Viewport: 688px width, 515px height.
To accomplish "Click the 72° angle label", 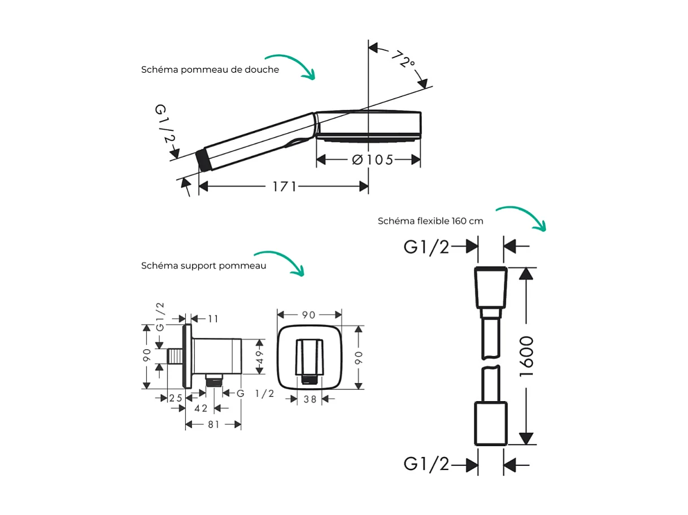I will point(402,59).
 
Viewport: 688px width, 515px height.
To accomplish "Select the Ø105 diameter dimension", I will point(372,160).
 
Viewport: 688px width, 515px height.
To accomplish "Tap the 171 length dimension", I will point(285,186).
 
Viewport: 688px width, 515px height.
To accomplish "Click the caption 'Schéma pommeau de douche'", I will point(210,70).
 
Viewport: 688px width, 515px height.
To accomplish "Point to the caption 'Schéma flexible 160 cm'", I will point(430,221).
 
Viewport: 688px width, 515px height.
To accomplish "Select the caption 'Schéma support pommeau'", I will point(203,266).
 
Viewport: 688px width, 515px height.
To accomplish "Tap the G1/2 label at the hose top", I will point(426,247).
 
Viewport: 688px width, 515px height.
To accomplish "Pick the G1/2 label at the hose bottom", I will point(426,464).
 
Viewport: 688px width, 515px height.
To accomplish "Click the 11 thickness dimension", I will point(212,319).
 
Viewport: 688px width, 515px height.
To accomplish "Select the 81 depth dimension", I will point(213,425).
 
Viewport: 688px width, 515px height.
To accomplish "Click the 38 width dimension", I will point(309,399).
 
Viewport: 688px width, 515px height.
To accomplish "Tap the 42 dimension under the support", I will point(201,408).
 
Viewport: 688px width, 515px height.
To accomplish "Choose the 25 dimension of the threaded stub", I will point(176,398).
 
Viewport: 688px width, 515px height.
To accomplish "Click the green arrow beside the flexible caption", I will point(522,217).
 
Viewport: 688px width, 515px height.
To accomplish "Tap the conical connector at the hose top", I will point(490,287).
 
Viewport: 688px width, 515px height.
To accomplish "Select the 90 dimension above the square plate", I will point(308,315).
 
